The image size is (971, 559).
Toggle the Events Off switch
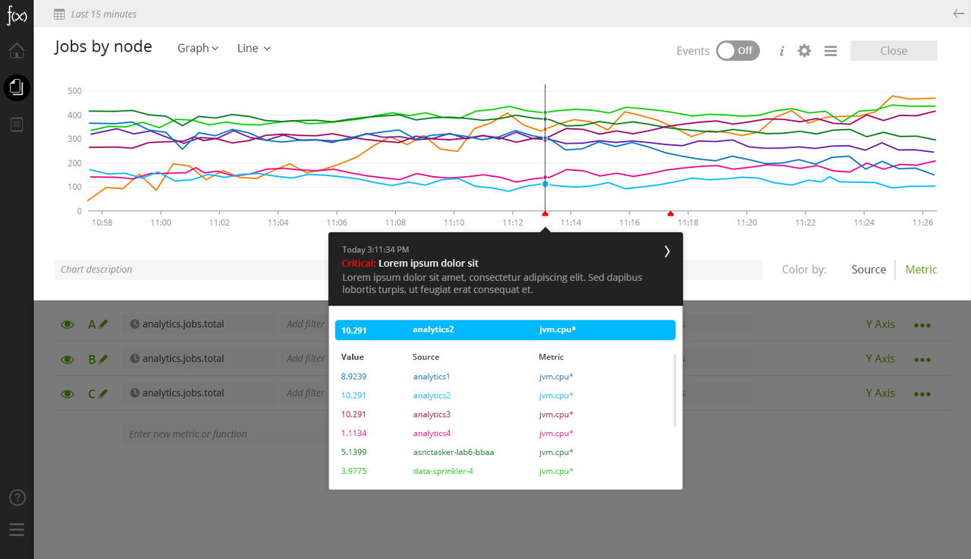(x=737, y=51)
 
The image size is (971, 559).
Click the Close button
(x=894, y=51)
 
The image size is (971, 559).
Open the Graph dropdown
(x=198, y=48)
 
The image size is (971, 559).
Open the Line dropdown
(x=253, y=48)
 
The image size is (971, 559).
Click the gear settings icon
(x=804, y=51)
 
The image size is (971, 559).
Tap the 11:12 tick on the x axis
(x=512, y=223)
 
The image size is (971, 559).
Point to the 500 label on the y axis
(x=74, y=91)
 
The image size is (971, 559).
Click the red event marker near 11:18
(x=670, y=214)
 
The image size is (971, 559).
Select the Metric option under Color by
(x=921, y=270)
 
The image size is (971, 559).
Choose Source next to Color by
(x=869, y=270)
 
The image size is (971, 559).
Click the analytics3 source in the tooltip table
(x=432, y=415)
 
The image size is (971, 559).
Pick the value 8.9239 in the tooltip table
(x=354, y=377)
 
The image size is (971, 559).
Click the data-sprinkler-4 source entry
(x=444, y=472)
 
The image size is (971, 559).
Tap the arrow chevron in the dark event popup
(x=667, y=251)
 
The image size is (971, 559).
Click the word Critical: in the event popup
(x=358, y=264)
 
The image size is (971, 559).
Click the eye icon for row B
(x=68, y=359)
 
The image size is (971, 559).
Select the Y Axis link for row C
(x=880, y=393)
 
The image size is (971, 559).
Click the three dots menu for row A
(x=922, y=325)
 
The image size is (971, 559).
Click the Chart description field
(x=190, y=270)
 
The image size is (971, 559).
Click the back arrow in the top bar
(x=958, y=14)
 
